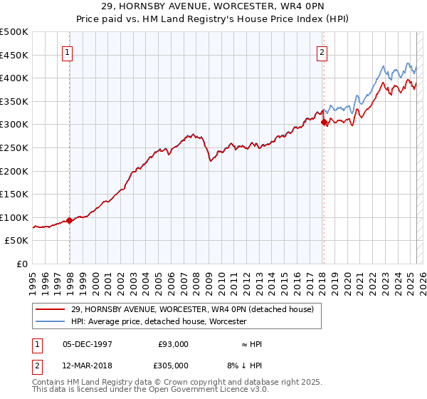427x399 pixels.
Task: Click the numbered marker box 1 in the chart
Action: coord(66,51)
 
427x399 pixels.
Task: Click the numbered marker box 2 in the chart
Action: coord(322,51)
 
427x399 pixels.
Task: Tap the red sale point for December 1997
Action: coord(70,221)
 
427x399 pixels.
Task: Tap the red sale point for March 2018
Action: coord(324,123)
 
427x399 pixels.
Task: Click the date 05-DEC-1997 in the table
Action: coord(88,344)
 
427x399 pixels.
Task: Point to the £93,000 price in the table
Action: coord(173,344)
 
